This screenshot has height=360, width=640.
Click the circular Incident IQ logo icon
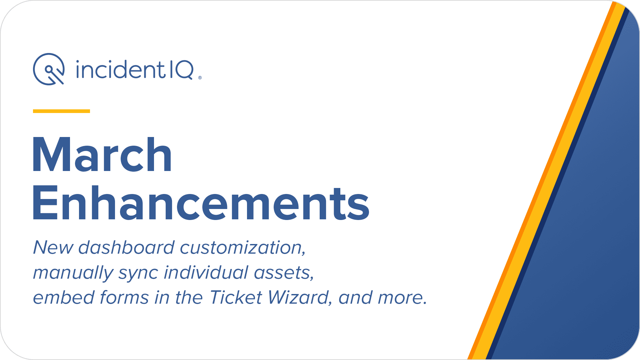coord(49,69)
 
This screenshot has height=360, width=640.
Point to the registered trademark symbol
coord(200,78)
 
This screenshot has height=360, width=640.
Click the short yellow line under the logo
coord(61,111)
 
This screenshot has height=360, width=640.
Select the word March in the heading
coord(102,155)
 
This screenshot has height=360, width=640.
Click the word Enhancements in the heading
coord(201,203)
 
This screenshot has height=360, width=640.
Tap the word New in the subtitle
coord(53,247)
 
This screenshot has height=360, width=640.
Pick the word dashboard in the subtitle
coord(127,247)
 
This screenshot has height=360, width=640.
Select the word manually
coord(73,273)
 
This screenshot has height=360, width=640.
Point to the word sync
coord(138,274)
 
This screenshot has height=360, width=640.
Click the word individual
coord(206,272)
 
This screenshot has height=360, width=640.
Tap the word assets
coord(284,273)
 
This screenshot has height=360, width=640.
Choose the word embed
coord(63,297)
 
